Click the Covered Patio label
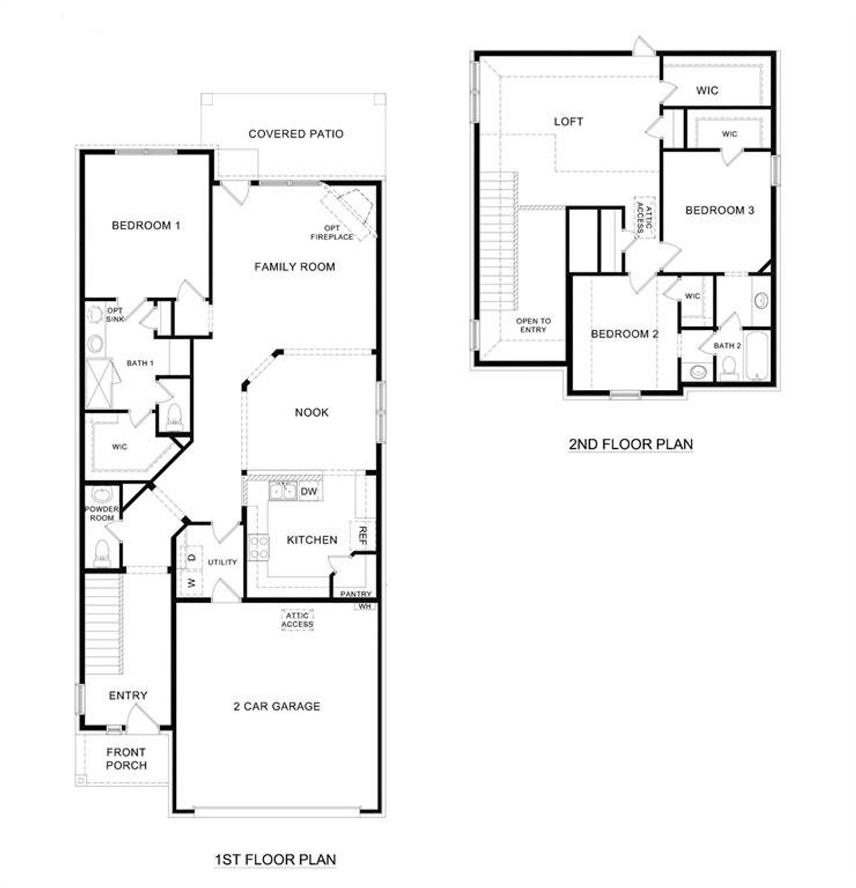tap(296, 134)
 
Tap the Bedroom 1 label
tap(146, 225)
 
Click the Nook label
tap(312, 413)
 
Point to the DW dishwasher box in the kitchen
tap(308, 492)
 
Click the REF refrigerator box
tap(363, 536)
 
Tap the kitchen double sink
tap(282, 491)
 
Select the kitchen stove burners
tap(258, 548)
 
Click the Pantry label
tap(356, 594)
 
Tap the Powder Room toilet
tap(102, 552)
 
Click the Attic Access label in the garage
tap(297, 620)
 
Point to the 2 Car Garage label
tap(277, 706)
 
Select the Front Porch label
tap(126, 759)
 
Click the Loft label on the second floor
tap(568, 122)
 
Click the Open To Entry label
tap(533, 325)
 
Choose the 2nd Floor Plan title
tap(631, 444)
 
